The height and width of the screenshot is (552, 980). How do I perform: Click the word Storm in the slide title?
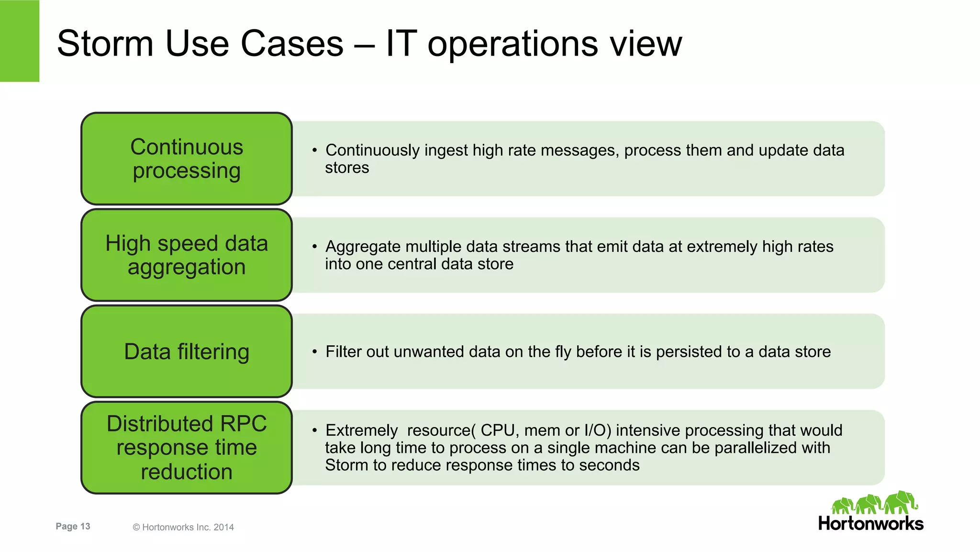tap(105, 44)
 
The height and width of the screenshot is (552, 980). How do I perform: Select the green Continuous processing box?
tap(187, 159)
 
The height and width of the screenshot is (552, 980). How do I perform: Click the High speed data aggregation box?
tap(187, 255)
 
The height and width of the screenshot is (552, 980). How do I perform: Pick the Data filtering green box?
tap(187, 351)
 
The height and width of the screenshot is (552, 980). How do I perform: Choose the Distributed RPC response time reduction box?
tap(187, 448)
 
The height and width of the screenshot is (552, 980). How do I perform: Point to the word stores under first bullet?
tap(347, 168)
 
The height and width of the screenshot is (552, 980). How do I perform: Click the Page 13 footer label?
tap(73, 527)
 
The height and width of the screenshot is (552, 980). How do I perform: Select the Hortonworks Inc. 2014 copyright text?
tap(183, 527)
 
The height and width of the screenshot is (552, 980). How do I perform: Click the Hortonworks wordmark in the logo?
tap(870, 524)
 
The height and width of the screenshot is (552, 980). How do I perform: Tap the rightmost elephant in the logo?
tap(900, 502)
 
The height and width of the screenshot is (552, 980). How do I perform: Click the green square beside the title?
tap(20, 41)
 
